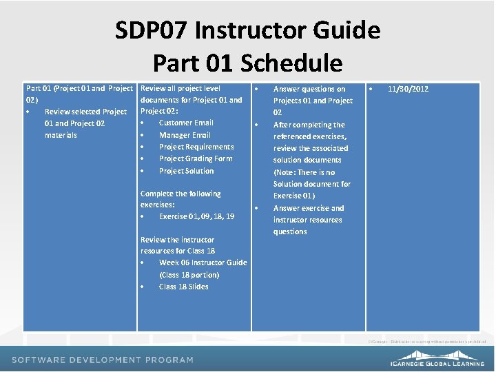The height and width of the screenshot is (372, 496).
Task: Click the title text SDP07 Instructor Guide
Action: coord(247,30)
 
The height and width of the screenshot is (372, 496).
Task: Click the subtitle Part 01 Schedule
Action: coord(247,63)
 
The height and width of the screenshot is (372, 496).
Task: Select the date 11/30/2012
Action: coord(408,89)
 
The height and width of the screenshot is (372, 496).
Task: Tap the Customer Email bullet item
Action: coord(186,123)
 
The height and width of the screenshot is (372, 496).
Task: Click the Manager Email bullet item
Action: coord(185,135)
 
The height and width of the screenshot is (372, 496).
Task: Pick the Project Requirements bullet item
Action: coord(196,147)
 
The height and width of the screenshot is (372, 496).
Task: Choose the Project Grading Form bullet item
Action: coord(196,158)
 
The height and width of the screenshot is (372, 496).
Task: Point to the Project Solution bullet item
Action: coord(186,171)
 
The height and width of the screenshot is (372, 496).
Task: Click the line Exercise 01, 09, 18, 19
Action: coord(196,216)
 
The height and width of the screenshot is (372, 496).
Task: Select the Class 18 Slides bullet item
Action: coord(183,287)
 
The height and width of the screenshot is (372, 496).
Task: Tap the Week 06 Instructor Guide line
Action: coord(203,262)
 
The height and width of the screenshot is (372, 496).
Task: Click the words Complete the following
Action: coord(180,194)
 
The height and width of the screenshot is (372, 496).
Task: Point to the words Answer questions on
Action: coord(309,89)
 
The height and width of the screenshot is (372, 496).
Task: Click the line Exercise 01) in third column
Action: coord(294,196)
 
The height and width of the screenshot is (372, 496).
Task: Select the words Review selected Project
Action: coord(85,112)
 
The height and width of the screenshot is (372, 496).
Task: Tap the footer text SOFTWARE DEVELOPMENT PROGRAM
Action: coord(102,360)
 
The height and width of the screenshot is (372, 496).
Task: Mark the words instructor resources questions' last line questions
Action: coord(290,231)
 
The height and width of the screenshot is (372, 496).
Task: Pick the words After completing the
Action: coord(309,125)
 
